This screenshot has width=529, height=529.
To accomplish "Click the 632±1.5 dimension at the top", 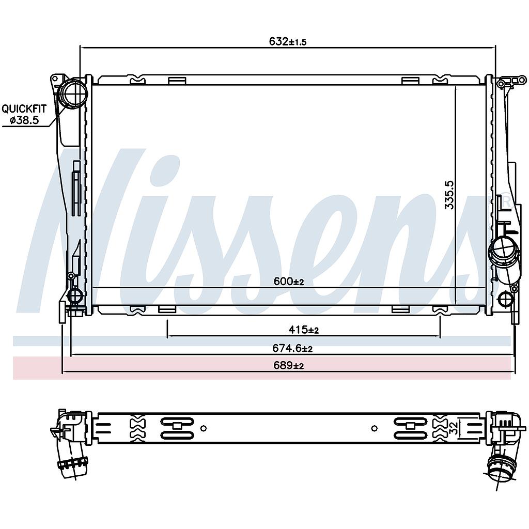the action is pyautogui.click(x=287, y=41).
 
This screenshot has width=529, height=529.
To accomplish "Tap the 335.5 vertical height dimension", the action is pyautogui.click(x=449, y=195).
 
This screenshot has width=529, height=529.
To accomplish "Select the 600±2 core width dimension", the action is pyautogui.click(x=288, y=281).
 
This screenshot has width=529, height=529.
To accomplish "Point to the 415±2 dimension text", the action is pyautogui.click(x=303, y=329).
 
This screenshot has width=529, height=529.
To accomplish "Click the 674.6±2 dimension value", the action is pyautogui.click(x=292, y=348).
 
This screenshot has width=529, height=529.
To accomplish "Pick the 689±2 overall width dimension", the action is pyautogui.click(x=288, y=365).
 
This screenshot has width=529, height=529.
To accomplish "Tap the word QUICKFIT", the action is pyautogui.click(x=24, y=108).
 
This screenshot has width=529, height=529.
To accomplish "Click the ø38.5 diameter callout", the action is pyautogui.click(x=24, y=120).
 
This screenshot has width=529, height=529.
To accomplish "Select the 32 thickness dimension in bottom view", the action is pyautogui.click(x=455, y=427).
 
